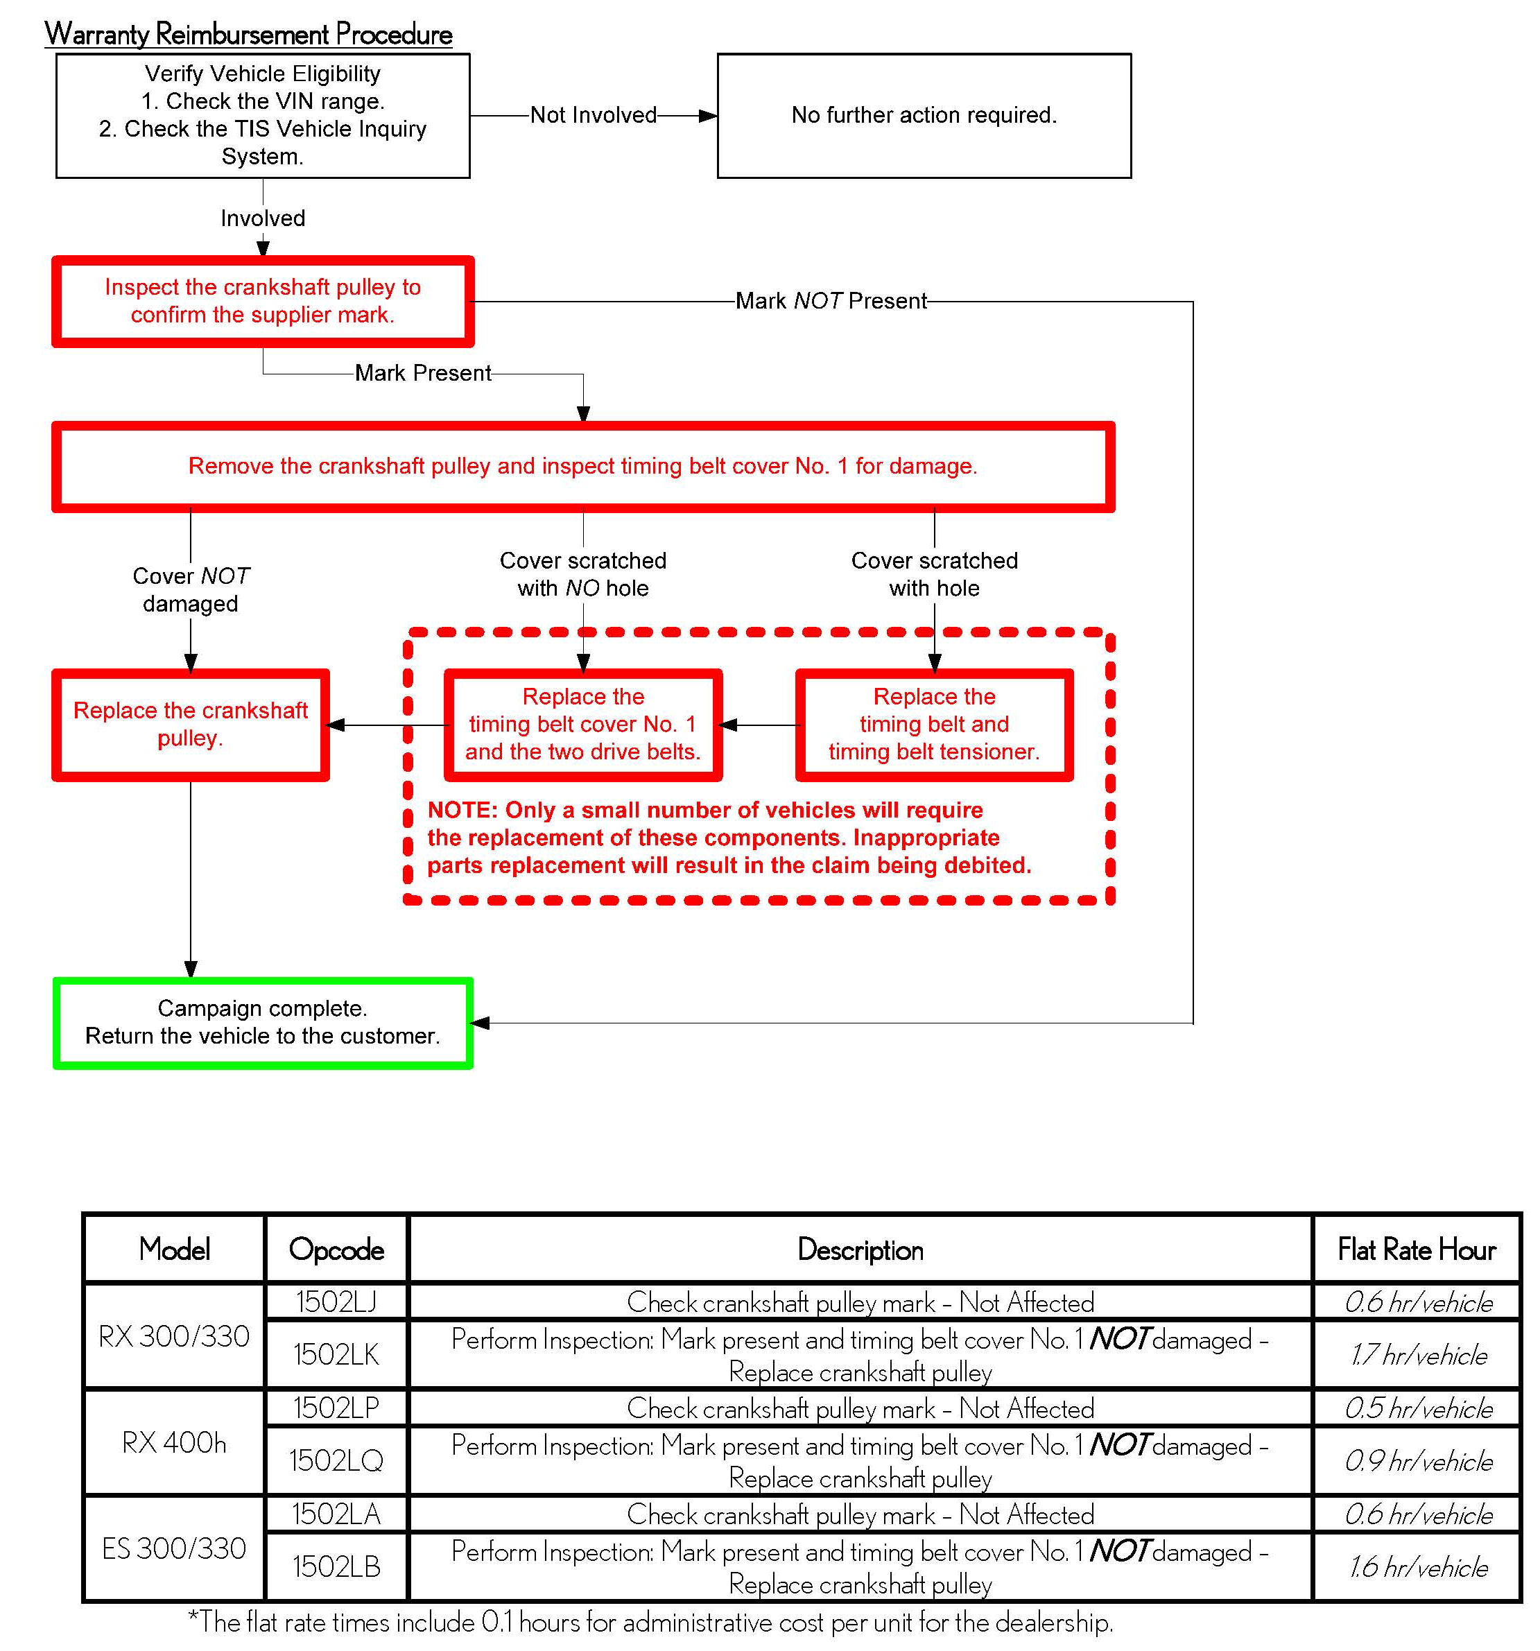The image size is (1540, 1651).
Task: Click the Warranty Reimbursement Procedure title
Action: [248, 34]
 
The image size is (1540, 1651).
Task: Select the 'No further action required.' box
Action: [923, 115]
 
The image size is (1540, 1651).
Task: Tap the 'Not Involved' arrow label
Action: [592, 115]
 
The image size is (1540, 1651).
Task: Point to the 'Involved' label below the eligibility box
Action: [263, 218]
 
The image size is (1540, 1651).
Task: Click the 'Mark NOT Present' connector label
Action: [830, 301]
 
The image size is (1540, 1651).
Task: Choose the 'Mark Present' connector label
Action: [422, 373]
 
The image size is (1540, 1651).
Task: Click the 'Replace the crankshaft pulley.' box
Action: [190, 724]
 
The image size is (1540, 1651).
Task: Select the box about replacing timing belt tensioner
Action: [933, 724]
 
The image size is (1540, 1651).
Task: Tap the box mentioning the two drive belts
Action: [582, 724]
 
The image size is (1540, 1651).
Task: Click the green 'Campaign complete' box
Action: [263, 1022]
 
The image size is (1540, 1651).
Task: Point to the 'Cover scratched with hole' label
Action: [933, 574]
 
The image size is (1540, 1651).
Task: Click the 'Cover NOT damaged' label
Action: [190, 589]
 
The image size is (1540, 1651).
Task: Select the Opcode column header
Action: [336, 1249]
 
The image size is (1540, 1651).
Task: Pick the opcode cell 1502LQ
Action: [336, 1460]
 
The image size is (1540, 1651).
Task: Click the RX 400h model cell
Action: [173, 1442]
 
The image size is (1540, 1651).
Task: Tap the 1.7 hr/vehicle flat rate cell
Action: [1417, 1354]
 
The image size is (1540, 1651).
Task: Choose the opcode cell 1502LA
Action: [336, 1514]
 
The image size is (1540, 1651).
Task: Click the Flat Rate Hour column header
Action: [1417, 1249]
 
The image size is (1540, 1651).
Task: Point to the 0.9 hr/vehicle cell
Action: [1417, 1460]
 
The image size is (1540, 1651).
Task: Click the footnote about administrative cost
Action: [650, 1621]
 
